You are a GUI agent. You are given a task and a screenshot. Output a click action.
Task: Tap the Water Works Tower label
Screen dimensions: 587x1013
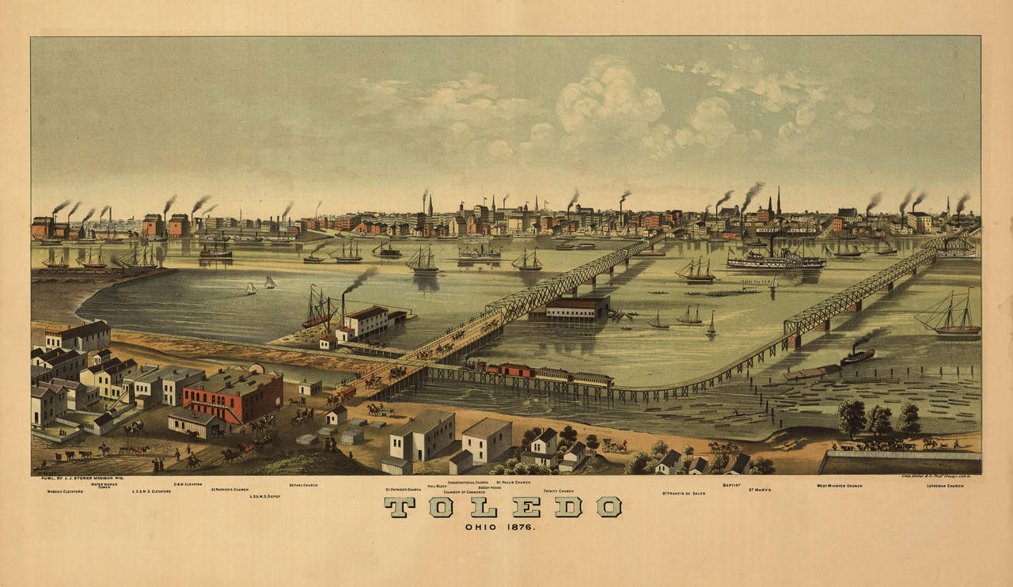pos(104,486)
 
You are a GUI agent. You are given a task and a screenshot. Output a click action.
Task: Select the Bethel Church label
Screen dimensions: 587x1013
pos(303,484)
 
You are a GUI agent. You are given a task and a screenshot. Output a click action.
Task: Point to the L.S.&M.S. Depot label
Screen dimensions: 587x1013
pos(265,497)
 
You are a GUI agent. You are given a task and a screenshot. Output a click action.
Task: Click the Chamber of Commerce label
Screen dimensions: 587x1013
pos(464,491)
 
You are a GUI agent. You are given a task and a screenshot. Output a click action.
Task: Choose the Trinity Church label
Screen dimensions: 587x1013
pos(559,490)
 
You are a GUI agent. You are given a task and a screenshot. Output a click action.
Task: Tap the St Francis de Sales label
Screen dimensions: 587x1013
pos(683,492)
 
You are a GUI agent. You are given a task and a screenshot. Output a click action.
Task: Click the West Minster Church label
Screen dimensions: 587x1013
pos(839,486)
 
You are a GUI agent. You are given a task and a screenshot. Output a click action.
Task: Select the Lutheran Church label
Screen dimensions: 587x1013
pos(945,486)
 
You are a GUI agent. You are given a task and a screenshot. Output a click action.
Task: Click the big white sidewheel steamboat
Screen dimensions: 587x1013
pos(776,259)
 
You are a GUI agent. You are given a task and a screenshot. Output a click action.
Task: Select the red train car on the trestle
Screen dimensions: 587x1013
pos(508,369)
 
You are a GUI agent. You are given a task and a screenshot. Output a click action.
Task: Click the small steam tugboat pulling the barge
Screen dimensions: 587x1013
pos(857,356)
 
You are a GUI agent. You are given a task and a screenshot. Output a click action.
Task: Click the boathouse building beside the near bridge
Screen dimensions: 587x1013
pos(576,307)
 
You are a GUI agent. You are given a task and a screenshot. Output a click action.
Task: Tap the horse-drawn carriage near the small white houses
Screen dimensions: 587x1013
pos(614,446)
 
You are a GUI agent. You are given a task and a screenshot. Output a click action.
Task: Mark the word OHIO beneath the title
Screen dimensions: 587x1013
pos(481,526)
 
